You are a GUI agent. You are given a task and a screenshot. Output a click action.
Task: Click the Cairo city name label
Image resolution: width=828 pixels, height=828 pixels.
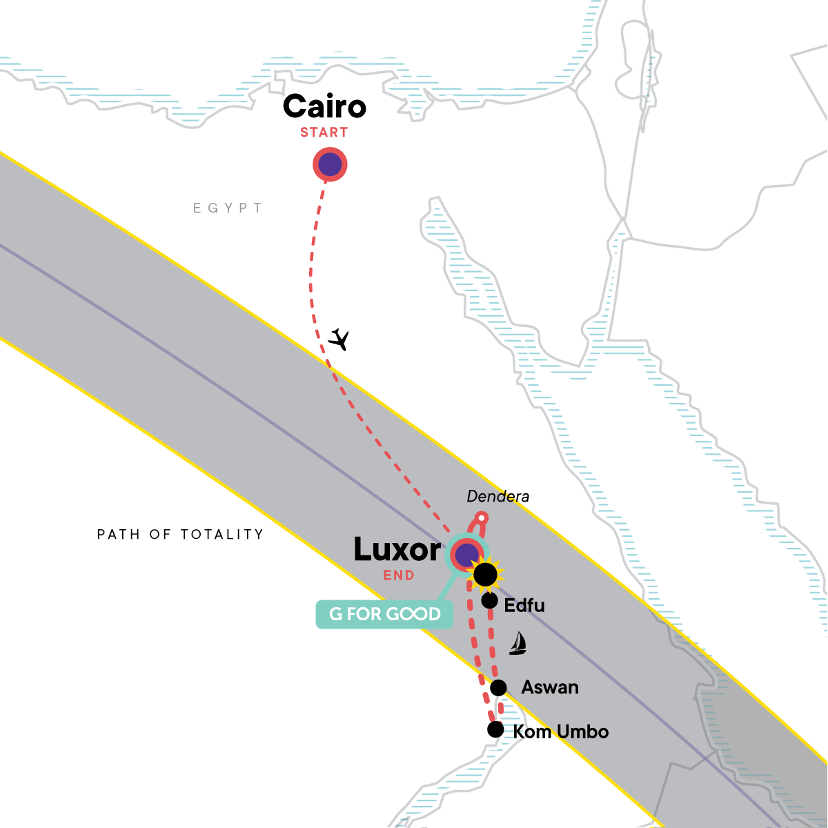324,106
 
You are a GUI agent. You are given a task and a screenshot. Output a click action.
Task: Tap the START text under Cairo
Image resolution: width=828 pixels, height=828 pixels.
324,132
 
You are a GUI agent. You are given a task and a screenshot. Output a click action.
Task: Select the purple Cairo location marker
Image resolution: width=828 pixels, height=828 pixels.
330,165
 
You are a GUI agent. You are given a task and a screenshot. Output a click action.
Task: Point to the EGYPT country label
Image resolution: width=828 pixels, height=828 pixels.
228,208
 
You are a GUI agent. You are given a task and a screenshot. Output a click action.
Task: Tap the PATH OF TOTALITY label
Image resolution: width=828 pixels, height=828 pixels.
180,534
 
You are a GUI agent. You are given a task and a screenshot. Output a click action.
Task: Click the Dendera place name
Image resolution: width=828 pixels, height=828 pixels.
498,496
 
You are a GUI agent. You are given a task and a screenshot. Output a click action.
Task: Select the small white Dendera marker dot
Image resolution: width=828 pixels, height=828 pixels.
482,517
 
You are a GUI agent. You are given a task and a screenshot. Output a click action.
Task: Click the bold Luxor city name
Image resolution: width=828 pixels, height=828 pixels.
397,550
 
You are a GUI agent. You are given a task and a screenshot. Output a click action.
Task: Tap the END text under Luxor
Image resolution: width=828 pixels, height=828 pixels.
399,575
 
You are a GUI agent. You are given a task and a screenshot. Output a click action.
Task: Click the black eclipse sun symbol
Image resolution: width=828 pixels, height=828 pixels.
485,574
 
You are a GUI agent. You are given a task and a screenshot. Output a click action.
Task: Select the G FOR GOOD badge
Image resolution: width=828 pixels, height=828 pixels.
384,614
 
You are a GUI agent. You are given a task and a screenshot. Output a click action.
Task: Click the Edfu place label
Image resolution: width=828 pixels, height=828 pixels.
524,605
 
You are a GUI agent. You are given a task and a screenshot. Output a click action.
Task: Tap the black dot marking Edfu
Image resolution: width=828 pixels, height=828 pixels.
489,600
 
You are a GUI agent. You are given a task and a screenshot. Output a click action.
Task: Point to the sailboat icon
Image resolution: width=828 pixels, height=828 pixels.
517,643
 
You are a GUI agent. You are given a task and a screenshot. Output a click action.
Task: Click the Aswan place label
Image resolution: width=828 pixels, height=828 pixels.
550,687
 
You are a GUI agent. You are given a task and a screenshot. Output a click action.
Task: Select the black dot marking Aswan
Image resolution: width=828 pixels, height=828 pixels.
498,687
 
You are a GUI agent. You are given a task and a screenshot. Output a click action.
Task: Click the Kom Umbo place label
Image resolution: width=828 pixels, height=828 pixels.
561,731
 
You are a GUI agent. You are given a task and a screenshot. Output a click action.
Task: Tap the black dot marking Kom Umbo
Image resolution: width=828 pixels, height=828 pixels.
495,729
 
